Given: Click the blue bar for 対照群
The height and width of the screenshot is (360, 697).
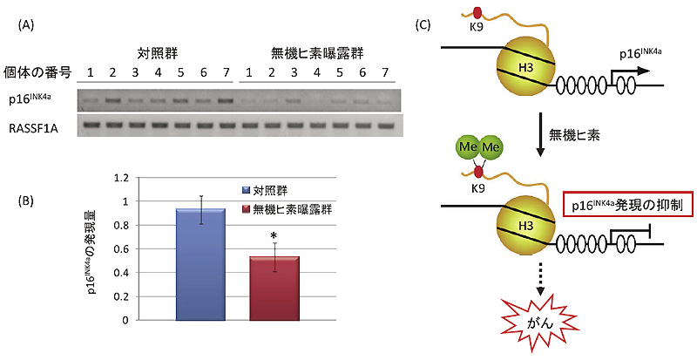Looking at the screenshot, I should [x=200, y=264].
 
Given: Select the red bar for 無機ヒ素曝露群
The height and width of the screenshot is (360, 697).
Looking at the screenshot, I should [x=275, y=288].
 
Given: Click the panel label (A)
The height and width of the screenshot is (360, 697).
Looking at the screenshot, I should [x=27, y=25].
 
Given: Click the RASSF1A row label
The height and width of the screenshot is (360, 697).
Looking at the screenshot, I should [x=40, y=126].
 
